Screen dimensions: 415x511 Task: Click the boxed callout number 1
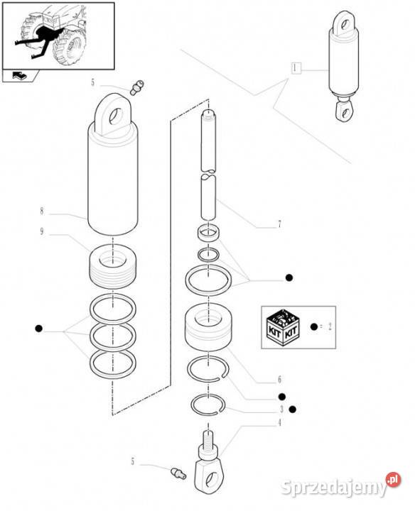[x=296, y=68]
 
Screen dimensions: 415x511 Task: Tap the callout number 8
[x=41, y=211]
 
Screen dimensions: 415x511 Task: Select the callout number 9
[x=41, y=231]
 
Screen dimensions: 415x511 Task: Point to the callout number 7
[x=279, y=224]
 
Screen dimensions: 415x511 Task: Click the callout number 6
[x=279, y=379]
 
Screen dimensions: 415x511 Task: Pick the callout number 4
[x=279, y=423]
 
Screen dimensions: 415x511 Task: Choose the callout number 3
[x=281, y=409]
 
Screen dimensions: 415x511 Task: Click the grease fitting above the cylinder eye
[x=136, y=87]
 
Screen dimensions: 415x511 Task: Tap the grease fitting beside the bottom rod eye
[x=178, y=473]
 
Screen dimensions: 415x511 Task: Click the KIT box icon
[x=283, y=327]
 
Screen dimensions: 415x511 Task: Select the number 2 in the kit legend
[x=330, y=326]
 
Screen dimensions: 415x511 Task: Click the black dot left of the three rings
[x=38, y=329]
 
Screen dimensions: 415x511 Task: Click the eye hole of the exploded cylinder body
[x=116, y=116]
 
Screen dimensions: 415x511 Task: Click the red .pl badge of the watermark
[x=393, y=479]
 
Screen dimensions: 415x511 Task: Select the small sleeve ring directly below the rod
[x=208, y=233]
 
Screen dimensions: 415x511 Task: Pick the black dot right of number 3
[x=292, y=409]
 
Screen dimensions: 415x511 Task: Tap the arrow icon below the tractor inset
[x=19, y=76]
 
